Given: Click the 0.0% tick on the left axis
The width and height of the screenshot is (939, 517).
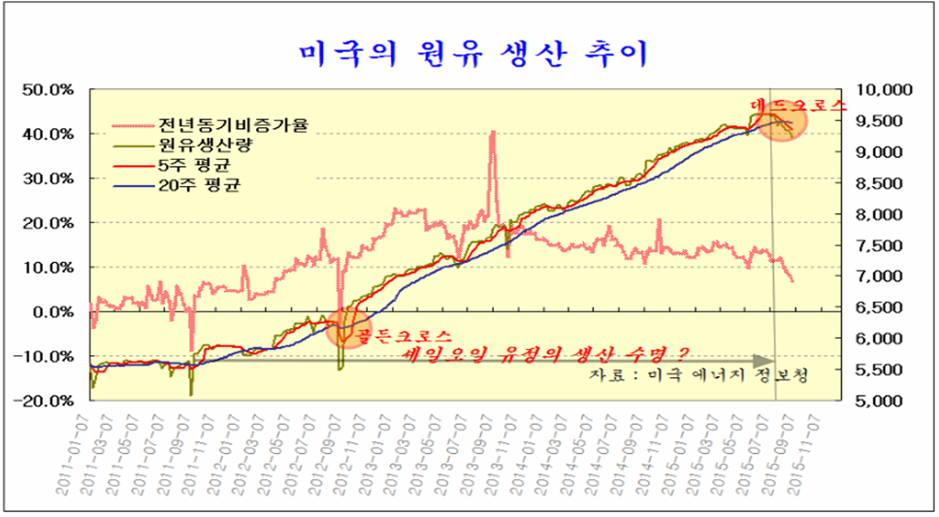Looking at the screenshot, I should point(54,312).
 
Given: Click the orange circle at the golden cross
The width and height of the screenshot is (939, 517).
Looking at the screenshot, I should point(346,327).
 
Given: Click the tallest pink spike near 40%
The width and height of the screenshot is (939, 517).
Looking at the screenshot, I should point(493,132).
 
